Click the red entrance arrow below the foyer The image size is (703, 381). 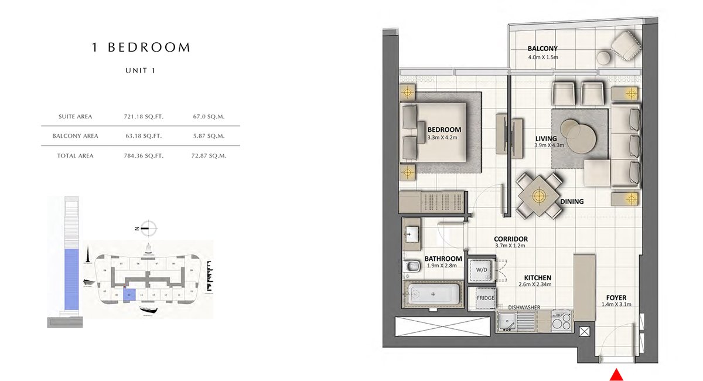pos(616,375)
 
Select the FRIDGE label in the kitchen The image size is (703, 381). pos(486,298)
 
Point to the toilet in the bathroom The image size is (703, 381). pos(413,267)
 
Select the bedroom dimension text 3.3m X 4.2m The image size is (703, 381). pos(443,138)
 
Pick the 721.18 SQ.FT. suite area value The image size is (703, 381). pos(144,117)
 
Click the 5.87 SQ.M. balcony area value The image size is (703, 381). pos(209,136)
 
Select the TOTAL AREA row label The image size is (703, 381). pos(76,156)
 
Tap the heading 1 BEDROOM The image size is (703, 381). pos(141,47)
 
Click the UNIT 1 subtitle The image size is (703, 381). pos(141,70)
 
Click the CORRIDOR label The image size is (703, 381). pos(511,239)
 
